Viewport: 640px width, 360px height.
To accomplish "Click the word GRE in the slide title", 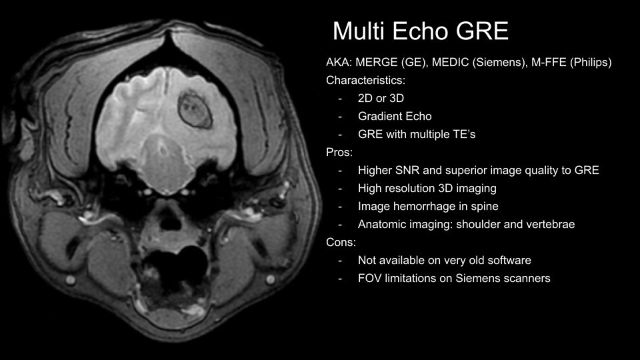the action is (x=482, y=31).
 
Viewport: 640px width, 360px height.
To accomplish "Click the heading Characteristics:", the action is (x=366, y=81).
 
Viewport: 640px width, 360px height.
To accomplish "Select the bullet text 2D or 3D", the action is (x=381, y=99).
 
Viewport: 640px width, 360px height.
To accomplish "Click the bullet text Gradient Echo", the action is (x=395, y=116).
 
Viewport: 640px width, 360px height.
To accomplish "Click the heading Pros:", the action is (x=339, y=152).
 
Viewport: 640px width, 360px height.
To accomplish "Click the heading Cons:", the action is (x=341, y=242).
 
